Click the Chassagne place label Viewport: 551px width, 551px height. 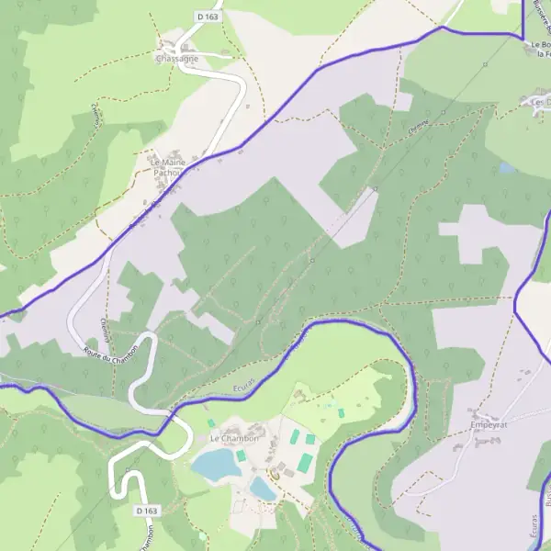click(176, 59)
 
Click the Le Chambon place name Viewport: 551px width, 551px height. click(235, 439)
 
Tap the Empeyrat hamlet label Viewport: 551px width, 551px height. click(488, 425)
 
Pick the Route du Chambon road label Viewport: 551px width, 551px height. click(110, 354)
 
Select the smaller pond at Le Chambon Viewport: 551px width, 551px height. click(264, 489)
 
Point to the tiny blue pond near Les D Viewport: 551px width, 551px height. click(507, 169)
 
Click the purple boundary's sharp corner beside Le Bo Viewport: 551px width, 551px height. click(523, 34)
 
